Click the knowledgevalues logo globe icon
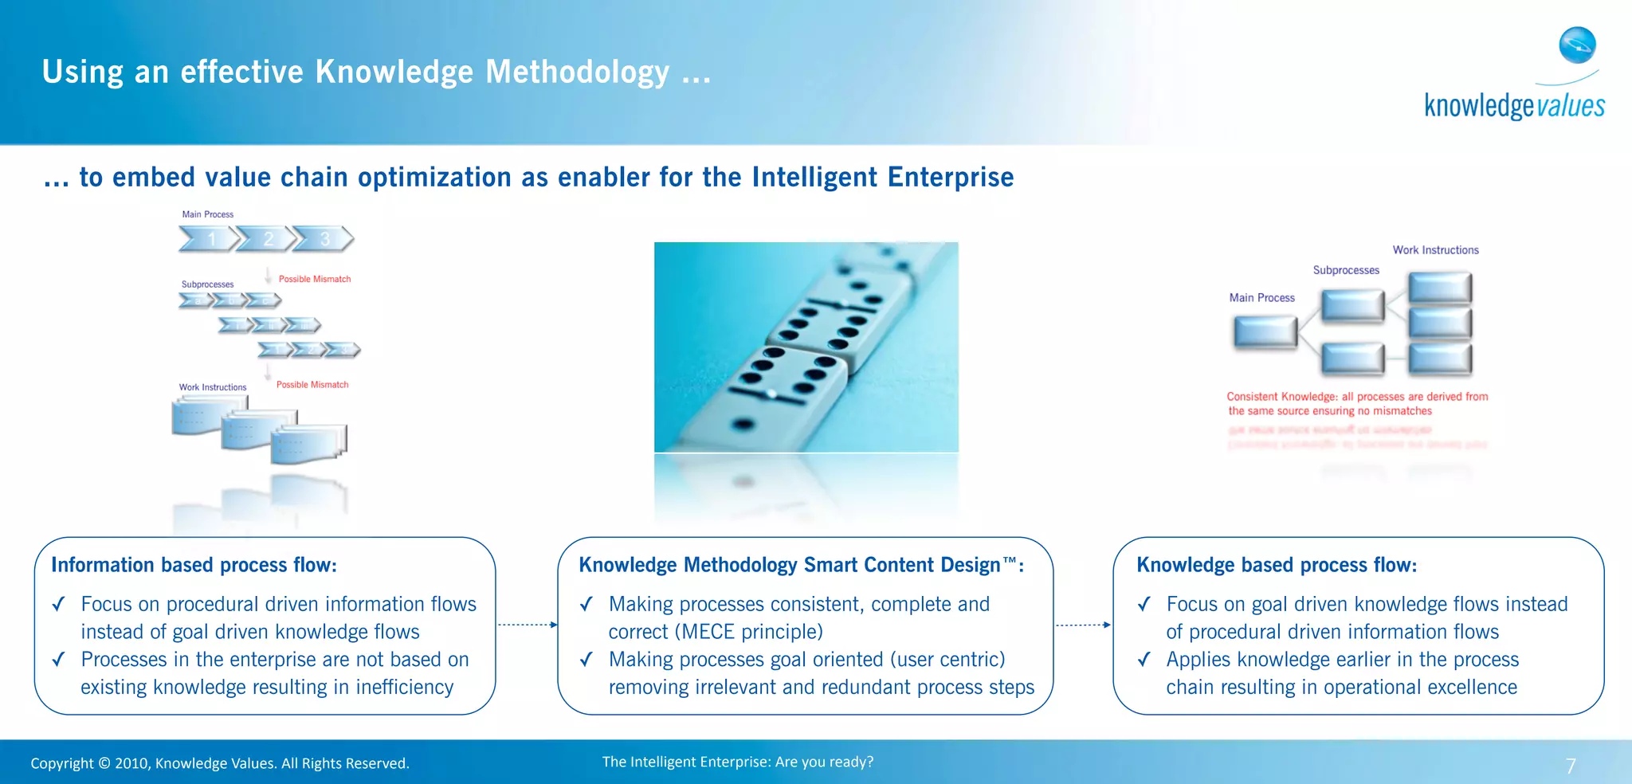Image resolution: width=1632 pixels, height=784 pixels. (x=1577, y=45)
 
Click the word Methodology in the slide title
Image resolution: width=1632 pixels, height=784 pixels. (x=578, y=72)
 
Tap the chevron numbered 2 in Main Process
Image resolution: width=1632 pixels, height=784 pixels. (x=268, y=238)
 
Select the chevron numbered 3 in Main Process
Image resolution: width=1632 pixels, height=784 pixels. (x=324, y=238)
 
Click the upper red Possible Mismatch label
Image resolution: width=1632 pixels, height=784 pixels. (x=314, y=279)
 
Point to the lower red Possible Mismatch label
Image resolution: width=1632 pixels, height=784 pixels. (x=312, y=384)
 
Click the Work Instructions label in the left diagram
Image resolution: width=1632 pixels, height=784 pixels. (x=212, y=387)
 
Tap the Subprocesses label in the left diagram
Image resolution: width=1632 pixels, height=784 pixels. (x=207, y=284)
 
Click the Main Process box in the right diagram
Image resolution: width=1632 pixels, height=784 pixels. (x=1265, y=332)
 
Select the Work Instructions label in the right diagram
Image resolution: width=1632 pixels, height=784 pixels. (x=1435, y=250)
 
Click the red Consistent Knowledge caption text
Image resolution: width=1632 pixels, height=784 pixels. (x=1356, y=403)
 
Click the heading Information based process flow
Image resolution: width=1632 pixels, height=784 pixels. (x=194, y=565)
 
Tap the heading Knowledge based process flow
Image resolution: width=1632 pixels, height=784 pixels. (x=1276, y=565)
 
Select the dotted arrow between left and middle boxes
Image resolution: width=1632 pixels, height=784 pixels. (x=527, y=625)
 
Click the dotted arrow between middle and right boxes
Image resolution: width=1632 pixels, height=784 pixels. (x=1083, y=625)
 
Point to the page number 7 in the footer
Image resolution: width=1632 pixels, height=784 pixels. (x=1571, y=766)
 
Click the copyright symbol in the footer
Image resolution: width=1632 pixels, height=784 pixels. (x=104, y=763)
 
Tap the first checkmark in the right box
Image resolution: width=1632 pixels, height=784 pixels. (x=1144, y=604)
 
